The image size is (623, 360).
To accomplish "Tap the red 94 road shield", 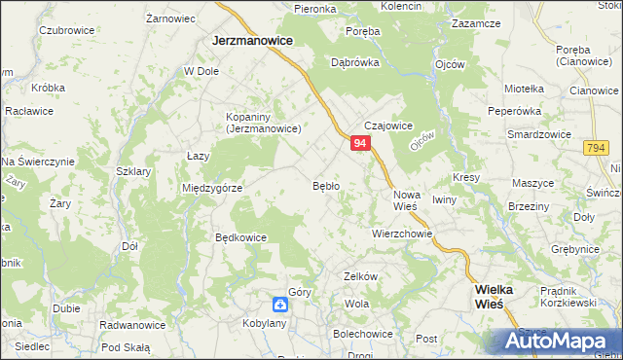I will (360, 143).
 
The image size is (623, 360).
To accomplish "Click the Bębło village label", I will (325, 185).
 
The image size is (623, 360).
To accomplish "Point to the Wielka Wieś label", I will (499, 296).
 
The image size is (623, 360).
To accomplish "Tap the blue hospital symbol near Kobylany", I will (279, 304).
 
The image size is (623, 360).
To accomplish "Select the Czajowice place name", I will (389, 126).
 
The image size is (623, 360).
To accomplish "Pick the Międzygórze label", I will (212, 188).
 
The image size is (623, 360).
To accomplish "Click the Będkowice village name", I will (240, 236).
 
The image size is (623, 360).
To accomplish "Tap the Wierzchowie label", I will (401, 234).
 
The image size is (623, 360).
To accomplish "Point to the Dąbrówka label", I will (354, 61).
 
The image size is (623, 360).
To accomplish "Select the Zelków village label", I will (360, 276).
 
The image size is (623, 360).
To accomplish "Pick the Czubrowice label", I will (66, 30).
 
